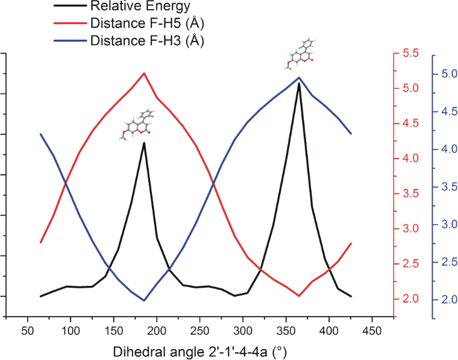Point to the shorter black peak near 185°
pos(144,143)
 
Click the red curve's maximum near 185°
pos(144,73)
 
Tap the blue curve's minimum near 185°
pos(144,300)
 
